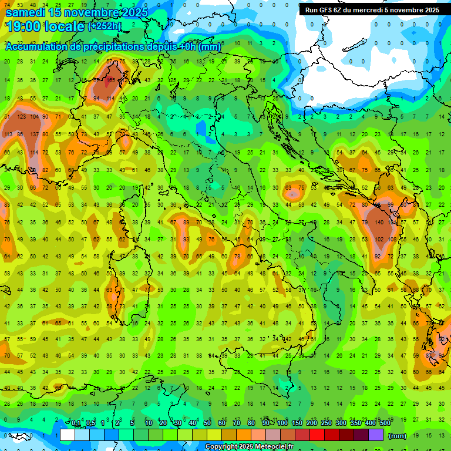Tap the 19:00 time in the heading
(x=23, y=27)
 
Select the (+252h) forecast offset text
(x=105, y=26)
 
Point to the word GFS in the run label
(x=327, y=10)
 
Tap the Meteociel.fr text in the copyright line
(x=274, y=447)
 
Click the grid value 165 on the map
(x=110, y=80)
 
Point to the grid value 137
(x=34, y=134)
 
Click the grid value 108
(x=391, y=239)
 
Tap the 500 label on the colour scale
(x=385, y=423)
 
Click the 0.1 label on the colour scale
(x=76, y=423)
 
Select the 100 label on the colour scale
(x=282, y=423)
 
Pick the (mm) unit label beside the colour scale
(x=398, y=436)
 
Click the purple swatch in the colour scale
(x=375, y=435)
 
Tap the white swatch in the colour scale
(x=67, y=435)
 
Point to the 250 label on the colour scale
(x=326, y=423)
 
